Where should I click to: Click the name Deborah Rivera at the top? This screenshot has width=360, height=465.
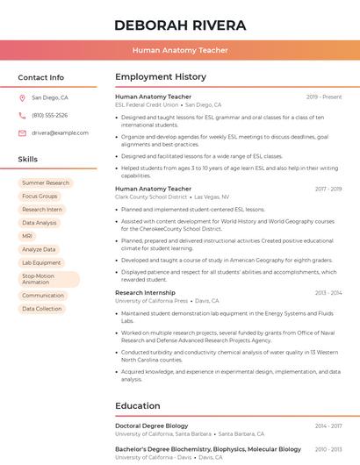(x=180, y=25)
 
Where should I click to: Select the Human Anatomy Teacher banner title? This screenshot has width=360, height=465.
(x=180, y=51)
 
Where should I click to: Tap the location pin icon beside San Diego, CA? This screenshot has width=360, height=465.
(x=22, y=98)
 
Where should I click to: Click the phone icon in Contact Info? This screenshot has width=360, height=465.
(x=22, y=116)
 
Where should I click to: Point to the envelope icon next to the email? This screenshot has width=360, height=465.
(x=22, y=133)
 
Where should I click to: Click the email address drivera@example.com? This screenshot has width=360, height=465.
(x=61, y=133)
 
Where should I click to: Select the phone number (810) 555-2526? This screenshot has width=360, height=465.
(x=50, y=116)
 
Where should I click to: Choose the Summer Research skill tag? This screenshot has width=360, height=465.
(x=46, y=183)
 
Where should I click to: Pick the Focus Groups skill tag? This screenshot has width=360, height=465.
(x=40, y=197)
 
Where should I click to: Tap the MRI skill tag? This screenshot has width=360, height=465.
(x=27, y=236)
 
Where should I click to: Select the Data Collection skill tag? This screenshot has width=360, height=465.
(x=42, y=309)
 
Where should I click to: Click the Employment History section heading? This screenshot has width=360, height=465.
(x=161, y=77)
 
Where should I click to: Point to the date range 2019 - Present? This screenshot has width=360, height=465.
(x=324, y=97)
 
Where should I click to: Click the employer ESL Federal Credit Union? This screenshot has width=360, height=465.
(x=147, y=105)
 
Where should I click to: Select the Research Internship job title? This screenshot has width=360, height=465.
(x=145, y=293)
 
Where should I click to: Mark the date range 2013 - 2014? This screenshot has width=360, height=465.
(x=328, y=293)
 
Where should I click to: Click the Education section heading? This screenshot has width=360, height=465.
(x=138, y=406)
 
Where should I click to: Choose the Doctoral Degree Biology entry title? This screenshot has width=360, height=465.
(x=152, y=426)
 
